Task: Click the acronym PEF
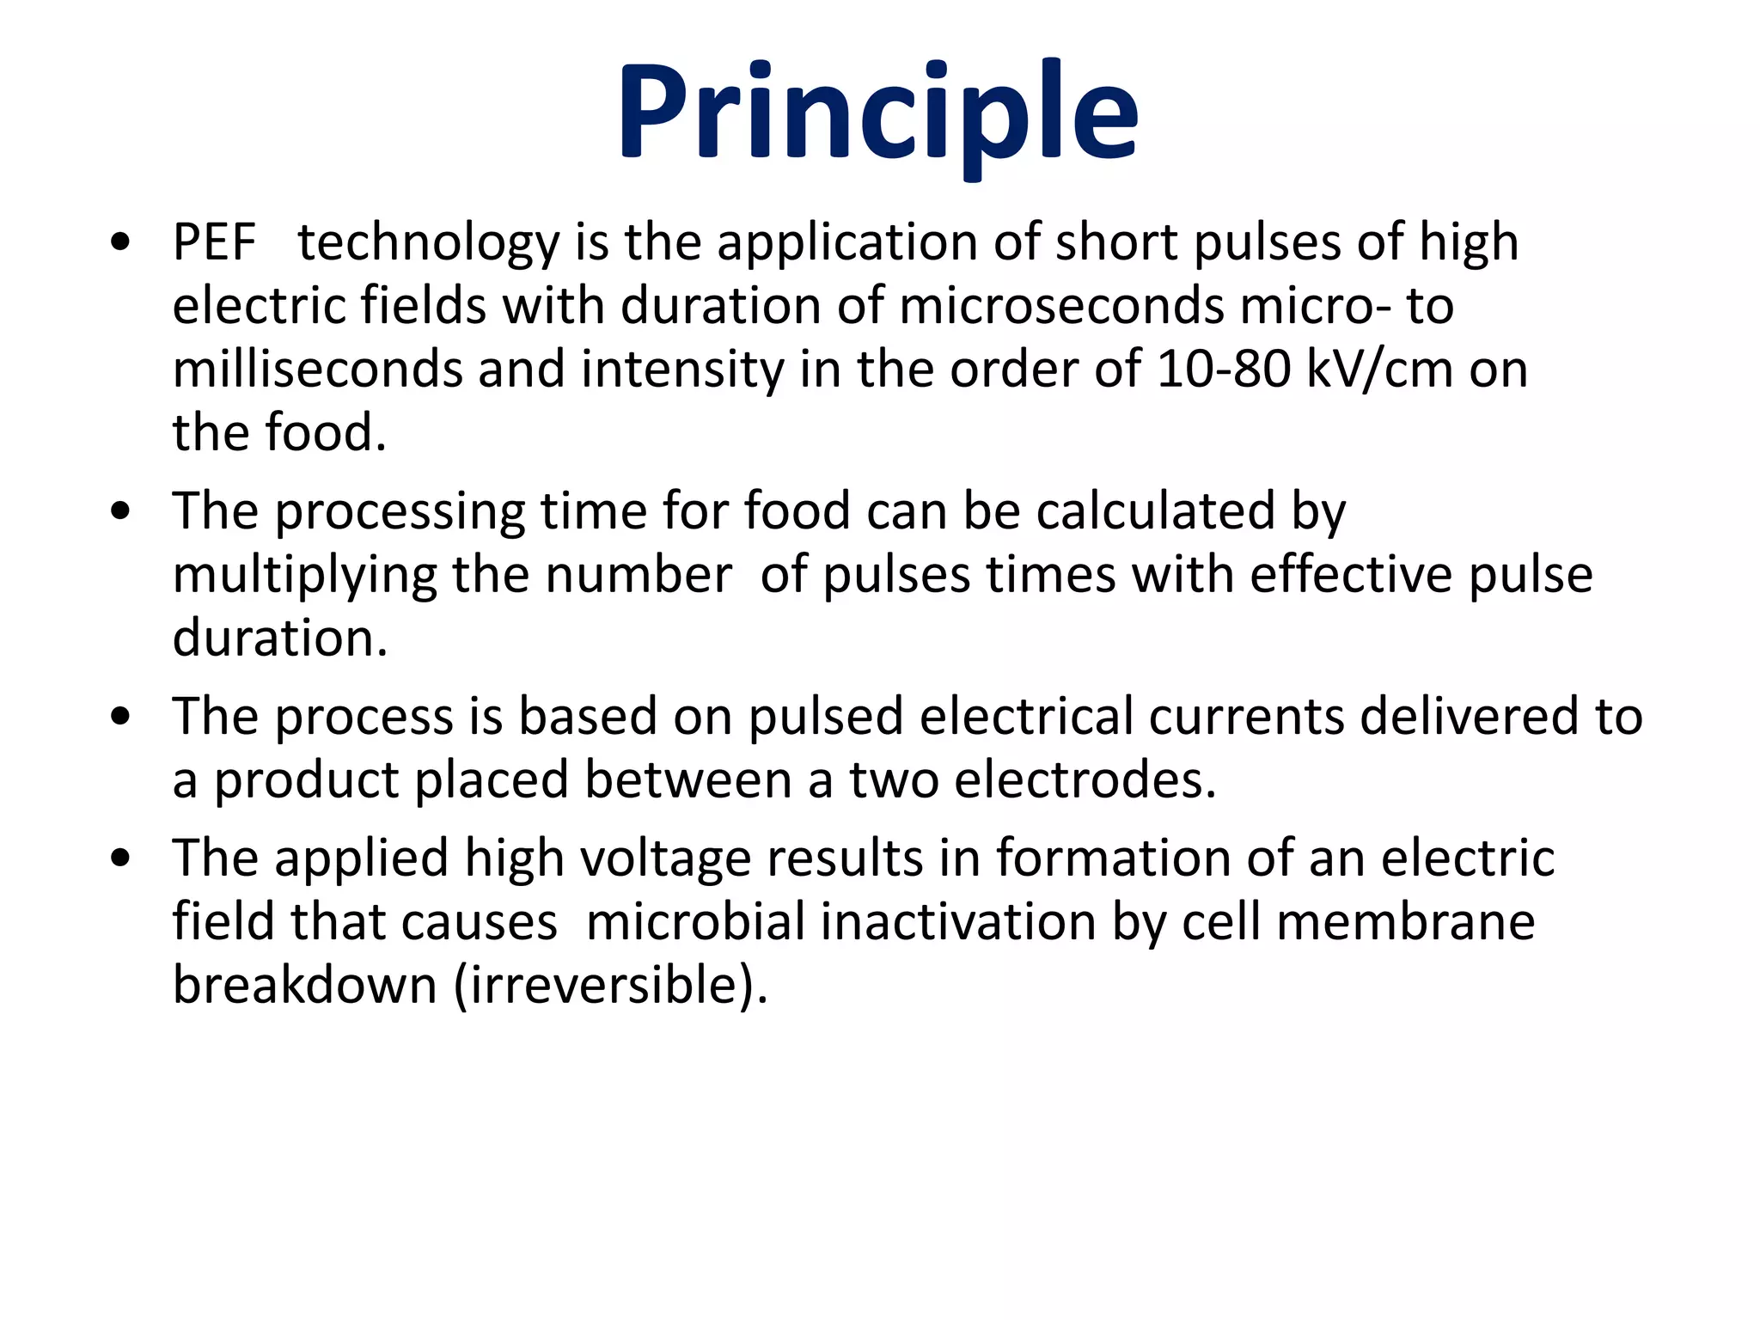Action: (x=214, y=242)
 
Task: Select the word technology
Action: (x=428, y=242)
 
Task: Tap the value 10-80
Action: (x=1224, y=370)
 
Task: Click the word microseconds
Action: (x=1061, y=306)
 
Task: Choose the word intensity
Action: (x=682, y=370)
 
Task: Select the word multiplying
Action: (x=305, y=575)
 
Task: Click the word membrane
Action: (x=1406, y=921)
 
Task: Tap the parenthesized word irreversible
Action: (x=610, y=985)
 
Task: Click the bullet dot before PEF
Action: (x=121, y=243)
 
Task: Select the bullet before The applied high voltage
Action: (x=121, y=859)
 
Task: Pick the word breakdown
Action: (x=305, y=985)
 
